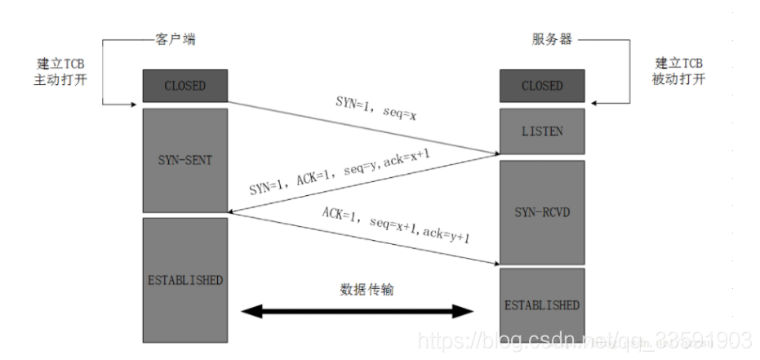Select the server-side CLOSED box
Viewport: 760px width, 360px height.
(x=542, y=85)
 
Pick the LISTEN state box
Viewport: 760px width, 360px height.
(x=542, y=131)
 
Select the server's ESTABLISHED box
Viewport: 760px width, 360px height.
(x=542, y=304)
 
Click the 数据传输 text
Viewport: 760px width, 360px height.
(x=366, y=289)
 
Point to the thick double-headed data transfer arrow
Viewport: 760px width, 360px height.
(x=359, y=311)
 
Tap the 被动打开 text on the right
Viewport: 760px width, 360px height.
(x=680, y=79)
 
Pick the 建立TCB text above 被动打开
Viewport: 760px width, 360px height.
(x=680, y=63)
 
